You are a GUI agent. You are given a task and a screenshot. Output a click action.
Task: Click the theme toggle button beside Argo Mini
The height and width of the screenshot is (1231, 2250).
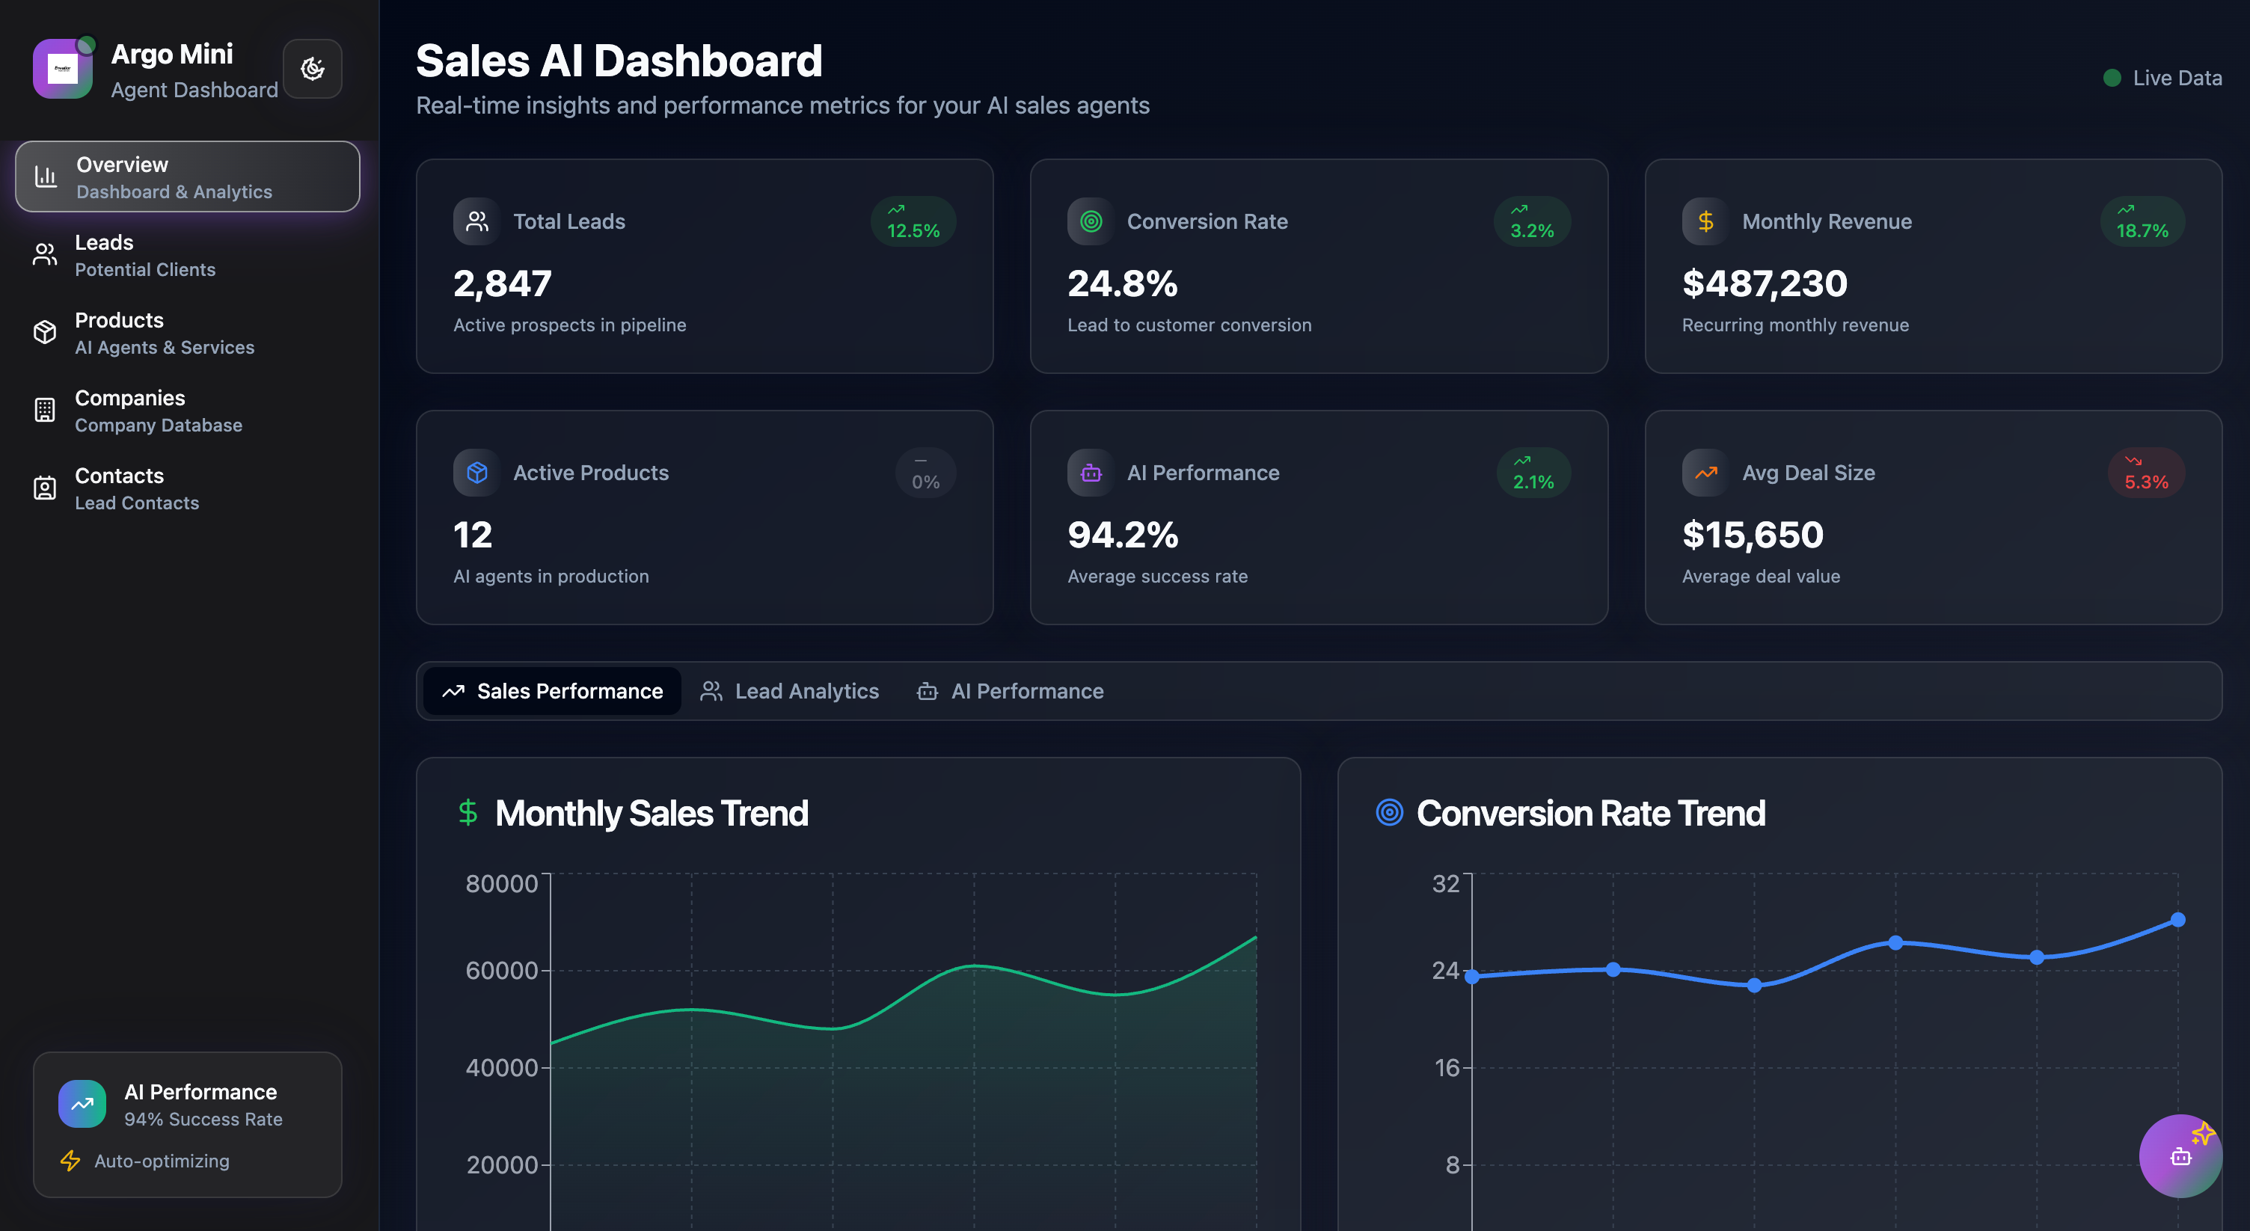pos(312,68)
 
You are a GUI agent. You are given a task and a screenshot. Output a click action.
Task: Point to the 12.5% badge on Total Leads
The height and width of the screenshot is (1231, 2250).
pos(913,222)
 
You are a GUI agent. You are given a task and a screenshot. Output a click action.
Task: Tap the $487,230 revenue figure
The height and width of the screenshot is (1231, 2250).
pos(1765,283)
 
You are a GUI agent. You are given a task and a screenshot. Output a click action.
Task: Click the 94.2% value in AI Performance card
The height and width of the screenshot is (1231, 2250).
pos(1122,534)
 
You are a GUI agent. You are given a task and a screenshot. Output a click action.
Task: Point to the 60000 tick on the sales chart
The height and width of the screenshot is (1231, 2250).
pos(501,970)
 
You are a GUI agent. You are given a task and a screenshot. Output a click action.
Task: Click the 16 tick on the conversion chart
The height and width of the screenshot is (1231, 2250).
pos(1447,1067)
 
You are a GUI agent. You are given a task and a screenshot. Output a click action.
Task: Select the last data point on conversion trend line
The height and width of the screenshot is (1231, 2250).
pos(2177,919)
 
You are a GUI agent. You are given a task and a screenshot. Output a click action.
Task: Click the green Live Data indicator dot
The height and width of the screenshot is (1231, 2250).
pos(2112,78)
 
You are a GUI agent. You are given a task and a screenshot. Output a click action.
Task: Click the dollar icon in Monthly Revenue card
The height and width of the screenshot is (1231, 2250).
pos(1705,222)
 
